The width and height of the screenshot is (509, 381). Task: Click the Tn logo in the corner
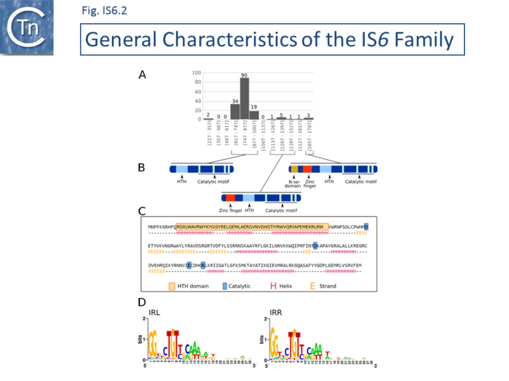[26, 27]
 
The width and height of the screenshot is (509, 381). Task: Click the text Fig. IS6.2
[104, 10]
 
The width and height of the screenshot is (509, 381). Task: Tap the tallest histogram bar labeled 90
[244, 98]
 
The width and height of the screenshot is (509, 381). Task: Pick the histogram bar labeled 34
[235, 112]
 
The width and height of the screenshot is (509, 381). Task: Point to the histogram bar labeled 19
[254, 115]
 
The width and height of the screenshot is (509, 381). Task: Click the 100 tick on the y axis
[197, 72]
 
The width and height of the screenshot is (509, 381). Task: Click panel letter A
[143, 75]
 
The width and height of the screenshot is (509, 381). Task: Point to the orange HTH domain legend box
[172, 286]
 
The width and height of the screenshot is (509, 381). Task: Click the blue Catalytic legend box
[225, 286]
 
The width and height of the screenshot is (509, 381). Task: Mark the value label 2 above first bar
[207, 114]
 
